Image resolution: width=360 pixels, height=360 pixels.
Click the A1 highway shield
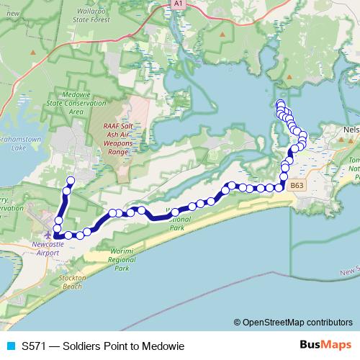(x=177, y=4)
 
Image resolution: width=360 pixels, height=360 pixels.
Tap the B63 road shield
(x=297, y=186)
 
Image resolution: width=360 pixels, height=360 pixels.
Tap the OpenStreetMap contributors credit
(x=293, y=322)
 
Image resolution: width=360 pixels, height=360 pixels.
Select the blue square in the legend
(x=9, y=346)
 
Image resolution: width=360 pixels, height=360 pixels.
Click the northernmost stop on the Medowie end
(x=71, y=181)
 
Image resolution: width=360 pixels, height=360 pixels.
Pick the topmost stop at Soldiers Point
(x=280, y=103)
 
